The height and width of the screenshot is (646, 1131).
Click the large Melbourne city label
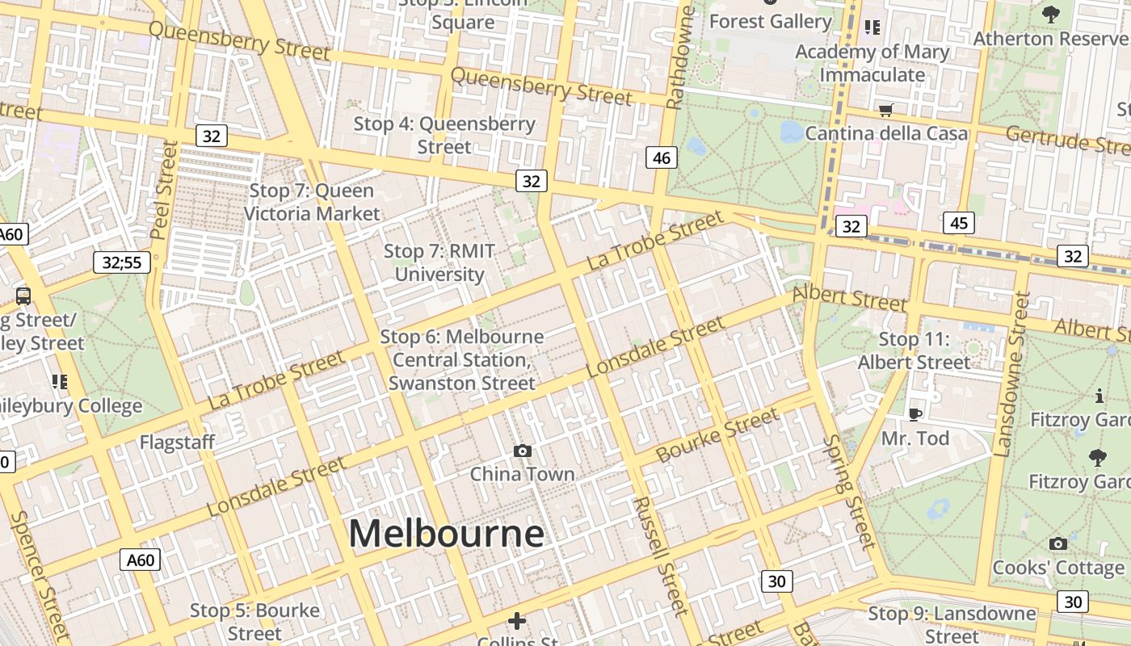point(446,534)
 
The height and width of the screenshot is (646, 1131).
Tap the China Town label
point(522,474)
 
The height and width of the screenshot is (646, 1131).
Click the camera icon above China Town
point(523,451)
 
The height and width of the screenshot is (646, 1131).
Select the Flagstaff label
point(177,443)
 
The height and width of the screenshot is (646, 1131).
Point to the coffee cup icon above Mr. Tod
point(914,415)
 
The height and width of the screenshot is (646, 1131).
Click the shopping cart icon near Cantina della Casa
point(886,110)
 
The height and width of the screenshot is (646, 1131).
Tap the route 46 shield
point(661,158)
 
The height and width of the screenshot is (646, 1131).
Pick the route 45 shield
point(959,224)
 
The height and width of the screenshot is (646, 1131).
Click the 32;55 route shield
point(122,262)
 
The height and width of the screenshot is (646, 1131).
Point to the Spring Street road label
point(849,492)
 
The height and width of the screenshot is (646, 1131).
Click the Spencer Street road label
point(40,573)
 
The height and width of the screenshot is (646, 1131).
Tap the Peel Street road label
point(164,190)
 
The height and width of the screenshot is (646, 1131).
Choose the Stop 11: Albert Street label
point(914,351)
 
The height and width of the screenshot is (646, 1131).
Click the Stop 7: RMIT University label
point(439,262)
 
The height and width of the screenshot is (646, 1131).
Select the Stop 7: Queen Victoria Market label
point(312,202)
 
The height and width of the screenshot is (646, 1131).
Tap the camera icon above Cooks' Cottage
point(1057,544)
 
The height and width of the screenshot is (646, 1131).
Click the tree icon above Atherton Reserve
point(1050,14)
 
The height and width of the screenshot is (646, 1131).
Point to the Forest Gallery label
point(770,22)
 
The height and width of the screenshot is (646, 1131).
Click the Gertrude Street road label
point(1066,141)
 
